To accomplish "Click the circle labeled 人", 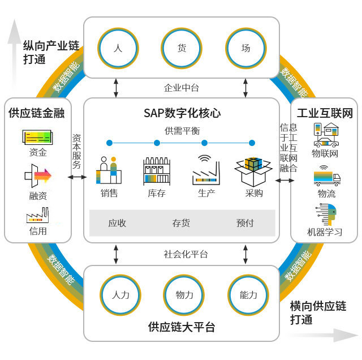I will click(x=118, y=48).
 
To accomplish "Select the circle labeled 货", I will click(x=182, y=48).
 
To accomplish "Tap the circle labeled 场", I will click(x=246, y=48).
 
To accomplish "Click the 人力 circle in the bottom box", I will click(x=120, y=295).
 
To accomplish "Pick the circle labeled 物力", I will click(x=184, y=295).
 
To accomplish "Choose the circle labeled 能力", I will click(x=248, y=295).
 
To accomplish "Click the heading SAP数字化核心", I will click(x=182, y=113).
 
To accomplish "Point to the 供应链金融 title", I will click(x=37, y=113).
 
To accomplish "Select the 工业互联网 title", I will click(x=325, y=113).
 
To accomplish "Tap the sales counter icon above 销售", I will click(x=109, y=170).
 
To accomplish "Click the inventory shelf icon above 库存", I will click(x=157, y=170).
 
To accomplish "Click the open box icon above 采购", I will click(x=253, y=171).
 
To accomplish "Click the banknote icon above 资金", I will click(x=37, y=137).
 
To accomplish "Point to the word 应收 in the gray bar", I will click(x=117, y=223).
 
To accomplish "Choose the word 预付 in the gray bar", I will click(x=245, y=223).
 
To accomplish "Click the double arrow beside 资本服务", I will click(x=77, y=177).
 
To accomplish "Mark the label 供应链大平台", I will click(x=182, y=327).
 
